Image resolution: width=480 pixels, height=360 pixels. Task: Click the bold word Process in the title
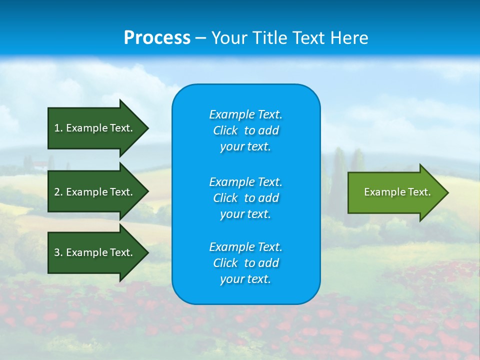[157, 38]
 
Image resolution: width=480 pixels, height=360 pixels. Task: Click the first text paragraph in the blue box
[246, 130]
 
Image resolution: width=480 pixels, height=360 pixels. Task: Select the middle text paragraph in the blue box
[246, 198]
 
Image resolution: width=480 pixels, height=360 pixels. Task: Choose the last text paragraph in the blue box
[246, 263]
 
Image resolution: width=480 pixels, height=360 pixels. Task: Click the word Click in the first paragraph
[225, 130]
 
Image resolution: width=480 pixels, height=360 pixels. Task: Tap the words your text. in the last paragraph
[245, 279]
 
